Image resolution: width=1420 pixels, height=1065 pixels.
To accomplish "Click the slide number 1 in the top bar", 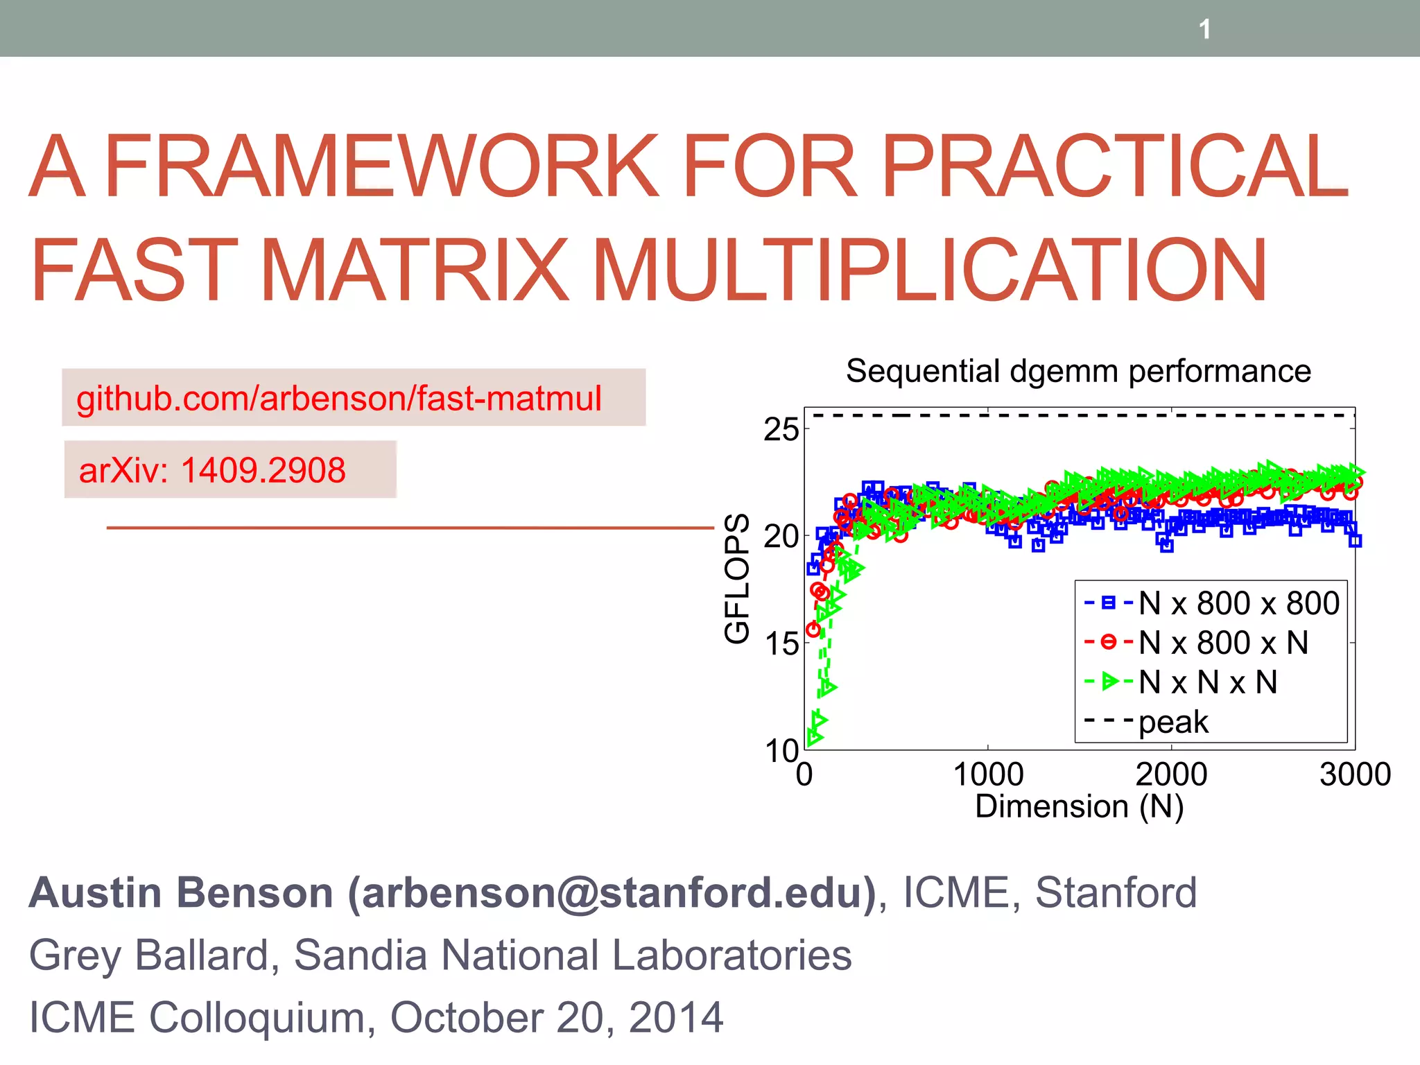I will click(1204, 30).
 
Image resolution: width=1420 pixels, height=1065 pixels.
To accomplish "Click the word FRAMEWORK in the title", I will click(381, 166).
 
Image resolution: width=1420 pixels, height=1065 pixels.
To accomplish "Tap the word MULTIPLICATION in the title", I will click(930, 270).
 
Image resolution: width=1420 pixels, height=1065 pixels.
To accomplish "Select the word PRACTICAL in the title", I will click(1114, 166).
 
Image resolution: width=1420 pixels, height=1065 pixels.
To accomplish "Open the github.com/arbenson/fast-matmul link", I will click(339, 399).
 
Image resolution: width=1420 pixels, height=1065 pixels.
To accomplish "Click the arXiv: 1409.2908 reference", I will click(212, 471).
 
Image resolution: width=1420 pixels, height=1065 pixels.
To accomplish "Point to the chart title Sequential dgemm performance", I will click(1078, 372).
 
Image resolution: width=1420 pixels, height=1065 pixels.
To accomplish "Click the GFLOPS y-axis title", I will click(737, 578).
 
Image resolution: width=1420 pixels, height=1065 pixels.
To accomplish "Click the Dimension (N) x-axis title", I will click(1079, 806).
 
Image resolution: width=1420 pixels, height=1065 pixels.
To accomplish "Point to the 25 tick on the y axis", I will click(781, 431).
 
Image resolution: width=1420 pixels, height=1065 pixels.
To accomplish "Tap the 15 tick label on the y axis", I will click(781, 644).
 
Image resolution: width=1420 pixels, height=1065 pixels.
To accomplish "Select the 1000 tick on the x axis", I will click(988, 774).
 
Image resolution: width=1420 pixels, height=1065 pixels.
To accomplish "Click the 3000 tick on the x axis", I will click(1354, 774).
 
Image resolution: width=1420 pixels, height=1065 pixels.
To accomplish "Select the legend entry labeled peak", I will click(1173, 722).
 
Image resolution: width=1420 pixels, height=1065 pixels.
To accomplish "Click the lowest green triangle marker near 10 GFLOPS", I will click(814, 738).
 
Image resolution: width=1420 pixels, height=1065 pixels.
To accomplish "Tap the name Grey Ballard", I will click(148, 955).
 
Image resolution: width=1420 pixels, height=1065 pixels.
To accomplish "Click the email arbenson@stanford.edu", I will click(612, 893).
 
